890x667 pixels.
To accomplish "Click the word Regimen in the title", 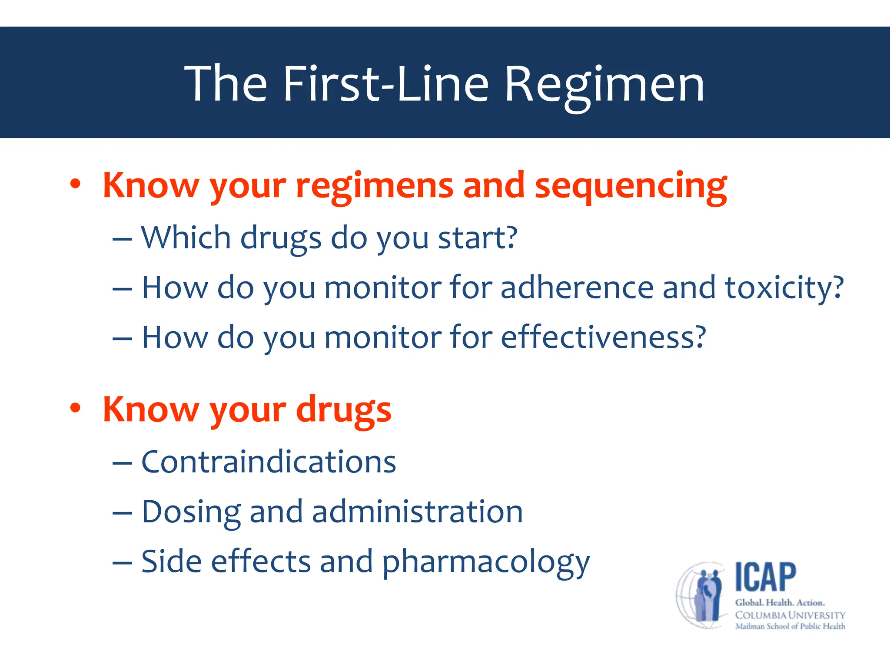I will [x=604, y=85].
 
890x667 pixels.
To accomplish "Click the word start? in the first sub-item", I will [x=478, y=238].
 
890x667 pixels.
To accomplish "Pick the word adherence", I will [x=577, y=287].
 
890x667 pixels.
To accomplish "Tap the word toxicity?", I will [x=784, y=288].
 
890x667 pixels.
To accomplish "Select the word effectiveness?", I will [x=604, y=337].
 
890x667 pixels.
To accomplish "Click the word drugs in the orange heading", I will [x=343, y=410].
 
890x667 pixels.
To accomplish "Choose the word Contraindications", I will [x=269, y=462].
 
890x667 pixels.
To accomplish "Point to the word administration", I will [x=417, y=512].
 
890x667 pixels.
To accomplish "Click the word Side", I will [x=171, y=561].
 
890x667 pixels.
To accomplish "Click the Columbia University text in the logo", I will [x=790, y=615].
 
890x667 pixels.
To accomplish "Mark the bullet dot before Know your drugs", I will [x=76, y=408].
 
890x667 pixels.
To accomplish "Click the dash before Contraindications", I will [x=122, y=463].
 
